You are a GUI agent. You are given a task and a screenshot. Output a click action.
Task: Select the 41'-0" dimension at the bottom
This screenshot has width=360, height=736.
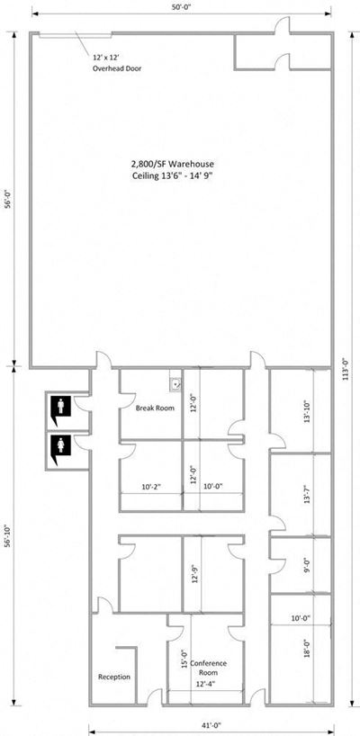[211, 725]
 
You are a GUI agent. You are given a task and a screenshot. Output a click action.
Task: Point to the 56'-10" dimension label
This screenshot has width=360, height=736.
[7, 536]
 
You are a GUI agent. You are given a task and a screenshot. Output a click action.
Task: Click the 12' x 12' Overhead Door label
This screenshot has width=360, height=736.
[117, 63]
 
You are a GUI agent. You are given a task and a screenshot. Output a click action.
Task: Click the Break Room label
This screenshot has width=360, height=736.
[155, 408]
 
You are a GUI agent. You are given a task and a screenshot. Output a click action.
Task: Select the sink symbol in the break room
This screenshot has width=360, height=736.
[176, 384]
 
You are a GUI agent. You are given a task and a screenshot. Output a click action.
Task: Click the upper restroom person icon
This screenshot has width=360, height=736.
[61, 405]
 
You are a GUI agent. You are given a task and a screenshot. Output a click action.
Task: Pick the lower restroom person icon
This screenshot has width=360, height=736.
[61, 444]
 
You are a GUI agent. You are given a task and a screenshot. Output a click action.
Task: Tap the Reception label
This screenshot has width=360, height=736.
[114, 677]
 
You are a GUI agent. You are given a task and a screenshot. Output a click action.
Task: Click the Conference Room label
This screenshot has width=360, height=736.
[209, 668]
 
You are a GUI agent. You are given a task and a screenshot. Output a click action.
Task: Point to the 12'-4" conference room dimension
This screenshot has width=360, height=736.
[205, 685]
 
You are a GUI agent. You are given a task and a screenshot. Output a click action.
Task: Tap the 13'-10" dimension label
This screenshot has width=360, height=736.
[307, 412]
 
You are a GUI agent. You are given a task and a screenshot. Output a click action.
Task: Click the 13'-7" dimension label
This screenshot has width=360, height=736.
[307, 494]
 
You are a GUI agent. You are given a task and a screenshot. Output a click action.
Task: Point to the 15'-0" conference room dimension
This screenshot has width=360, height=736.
[184, 658]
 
